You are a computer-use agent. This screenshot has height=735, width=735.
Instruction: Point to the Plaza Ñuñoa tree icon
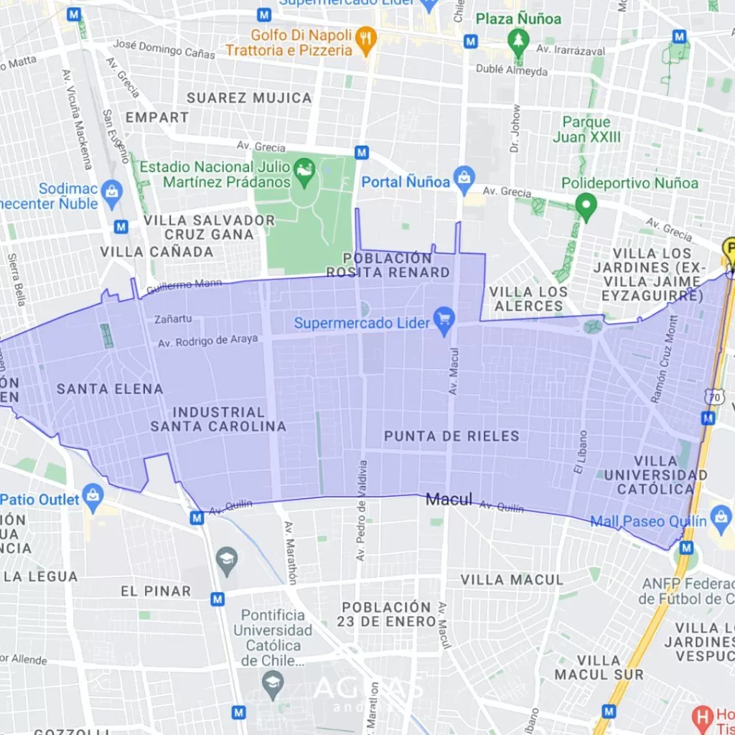(x=518, y=39)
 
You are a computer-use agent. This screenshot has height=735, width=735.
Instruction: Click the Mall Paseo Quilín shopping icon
(x=720, y=517)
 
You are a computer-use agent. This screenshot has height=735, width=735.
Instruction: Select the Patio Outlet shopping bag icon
(x=93, y=495)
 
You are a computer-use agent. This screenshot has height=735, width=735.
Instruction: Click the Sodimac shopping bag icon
(x=111, y=191)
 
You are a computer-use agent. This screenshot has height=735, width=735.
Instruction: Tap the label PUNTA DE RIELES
(x=451, y=436)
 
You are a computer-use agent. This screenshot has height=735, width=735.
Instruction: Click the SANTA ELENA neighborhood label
(x=110, y=389)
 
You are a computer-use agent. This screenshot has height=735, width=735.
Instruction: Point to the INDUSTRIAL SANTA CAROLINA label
(x=218, y=419)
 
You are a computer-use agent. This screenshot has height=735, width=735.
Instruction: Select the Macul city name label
(x=449, y=500)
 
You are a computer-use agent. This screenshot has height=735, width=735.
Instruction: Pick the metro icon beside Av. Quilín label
(x=197, y=517)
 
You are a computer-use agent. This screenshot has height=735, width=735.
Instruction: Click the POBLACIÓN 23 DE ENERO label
(x=386, y=614)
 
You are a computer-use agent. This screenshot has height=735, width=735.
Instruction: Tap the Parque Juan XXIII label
(x=586, y=129)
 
